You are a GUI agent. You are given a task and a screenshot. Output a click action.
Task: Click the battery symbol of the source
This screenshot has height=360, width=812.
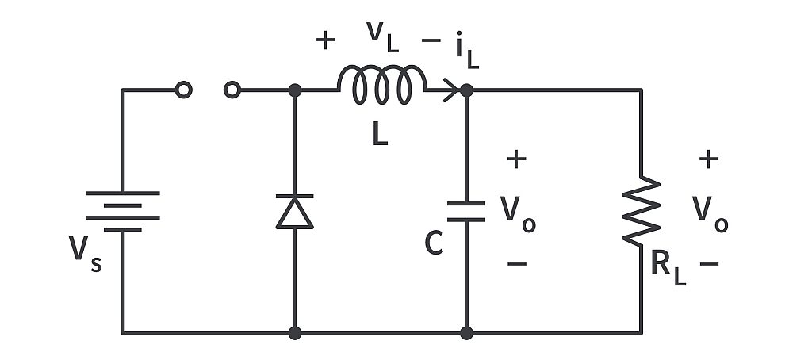click(122, 211)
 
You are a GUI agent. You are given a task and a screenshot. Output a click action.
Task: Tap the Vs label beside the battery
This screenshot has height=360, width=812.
click(86, 252)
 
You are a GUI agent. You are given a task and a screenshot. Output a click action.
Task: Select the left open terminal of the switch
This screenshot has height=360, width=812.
click(183, 90)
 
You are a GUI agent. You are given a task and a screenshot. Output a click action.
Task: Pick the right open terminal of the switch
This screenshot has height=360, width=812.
click(232, 90)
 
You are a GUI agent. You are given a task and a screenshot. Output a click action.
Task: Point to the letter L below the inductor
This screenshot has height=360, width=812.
click(381, 135)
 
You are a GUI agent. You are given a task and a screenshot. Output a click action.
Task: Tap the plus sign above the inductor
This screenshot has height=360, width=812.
click(326, 41)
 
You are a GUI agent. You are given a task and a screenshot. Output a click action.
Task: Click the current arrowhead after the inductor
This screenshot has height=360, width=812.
click(451, 90)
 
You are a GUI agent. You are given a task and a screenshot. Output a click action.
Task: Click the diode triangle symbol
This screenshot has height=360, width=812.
click(294, 213)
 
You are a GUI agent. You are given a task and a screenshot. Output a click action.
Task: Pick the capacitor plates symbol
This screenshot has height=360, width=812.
click(465, 211)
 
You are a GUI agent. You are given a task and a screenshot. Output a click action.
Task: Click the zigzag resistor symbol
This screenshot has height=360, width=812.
click(642, 211)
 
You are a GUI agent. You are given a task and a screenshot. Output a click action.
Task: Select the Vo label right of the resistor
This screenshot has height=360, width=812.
click(710, 211)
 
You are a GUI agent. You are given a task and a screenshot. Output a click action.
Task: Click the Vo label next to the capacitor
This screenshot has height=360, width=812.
click(518, 211)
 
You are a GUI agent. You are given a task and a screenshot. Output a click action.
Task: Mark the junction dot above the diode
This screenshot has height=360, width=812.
click(294, 90)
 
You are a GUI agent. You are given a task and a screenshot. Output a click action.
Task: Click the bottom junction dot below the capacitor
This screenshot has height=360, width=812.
click(465, 333)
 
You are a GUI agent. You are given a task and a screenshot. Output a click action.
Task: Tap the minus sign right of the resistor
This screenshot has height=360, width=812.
click(710, 262)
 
